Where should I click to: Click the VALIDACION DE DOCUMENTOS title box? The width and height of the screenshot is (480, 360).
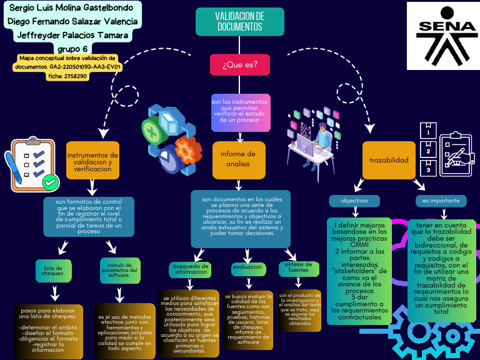click(240, 22)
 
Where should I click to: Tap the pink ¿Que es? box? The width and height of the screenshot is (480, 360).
click(240, 64)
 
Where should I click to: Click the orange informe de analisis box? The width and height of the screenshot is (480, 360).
click(239, 159)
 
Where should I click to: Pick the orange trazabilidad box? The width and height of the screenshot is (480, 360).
click(389, 160)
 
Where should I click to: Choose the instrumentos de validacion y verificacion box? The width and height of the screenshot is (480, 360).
click(92, 161)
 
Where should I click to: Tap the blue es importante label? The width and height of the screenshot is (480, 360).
click(441, 201)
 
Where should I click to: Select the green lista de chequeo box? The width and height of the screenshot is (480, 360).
click(52, 269)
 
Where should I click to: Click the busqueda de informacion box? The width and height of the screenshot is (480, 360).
click(191, 269)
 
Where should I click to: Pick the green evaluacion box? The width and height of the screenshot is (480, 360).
click(247, 267)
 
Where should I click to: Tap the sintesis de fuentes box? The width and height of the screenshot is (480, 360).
click(297, 267)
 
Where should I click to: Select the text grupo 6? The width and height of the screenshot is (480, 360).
click(72, 49)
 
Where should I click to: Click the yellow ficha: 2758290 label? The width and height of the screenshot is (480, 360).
click(67, 76)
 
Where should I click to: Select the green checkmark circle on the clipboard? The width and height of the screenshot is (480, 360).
click(50, 182)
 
